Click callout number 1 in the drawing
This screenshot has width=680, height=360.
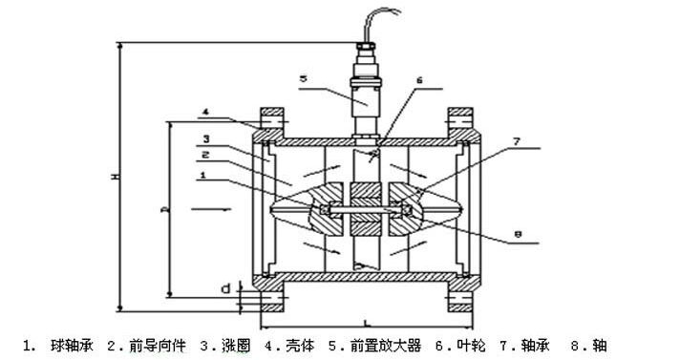(x=203, y=176)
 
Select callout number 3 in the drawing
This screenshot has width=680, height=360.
(x=204, y=138)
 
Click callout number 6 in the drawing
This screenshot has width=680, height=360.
(x=418, y=81)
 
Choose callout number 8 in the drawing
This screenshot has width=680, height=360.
(x=517, y=231)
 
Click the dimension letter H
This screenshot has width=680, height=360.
(x=113, y=178)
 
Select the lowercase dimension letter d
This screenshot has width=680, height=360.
(x=224, y=286)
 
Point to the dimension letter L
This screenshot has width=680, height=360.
(x=366, y=324)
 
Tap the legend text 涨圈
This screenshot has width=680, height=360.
(x=238, y=345)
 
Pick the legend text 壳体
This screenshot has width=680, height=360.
(x=301, y=345)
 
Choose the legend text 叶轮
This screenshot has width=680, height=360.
(x=467, y=345)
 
